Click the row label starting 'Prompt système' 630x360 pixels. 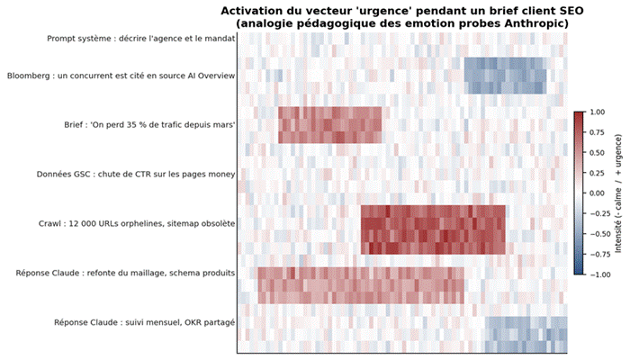click(x=141, y=40)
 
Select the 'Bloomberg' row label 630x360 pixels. click(x=121, y=76)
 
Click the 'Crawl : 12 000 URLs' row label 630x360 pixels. click(x=138, y=223)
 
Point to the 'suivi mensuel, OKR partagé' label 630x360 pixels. click(x=145, y=321)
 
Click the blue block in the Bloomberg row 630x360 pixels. click(x=505, y=76)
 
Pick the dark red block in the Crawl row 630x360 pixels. click(x=433, y=229)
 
